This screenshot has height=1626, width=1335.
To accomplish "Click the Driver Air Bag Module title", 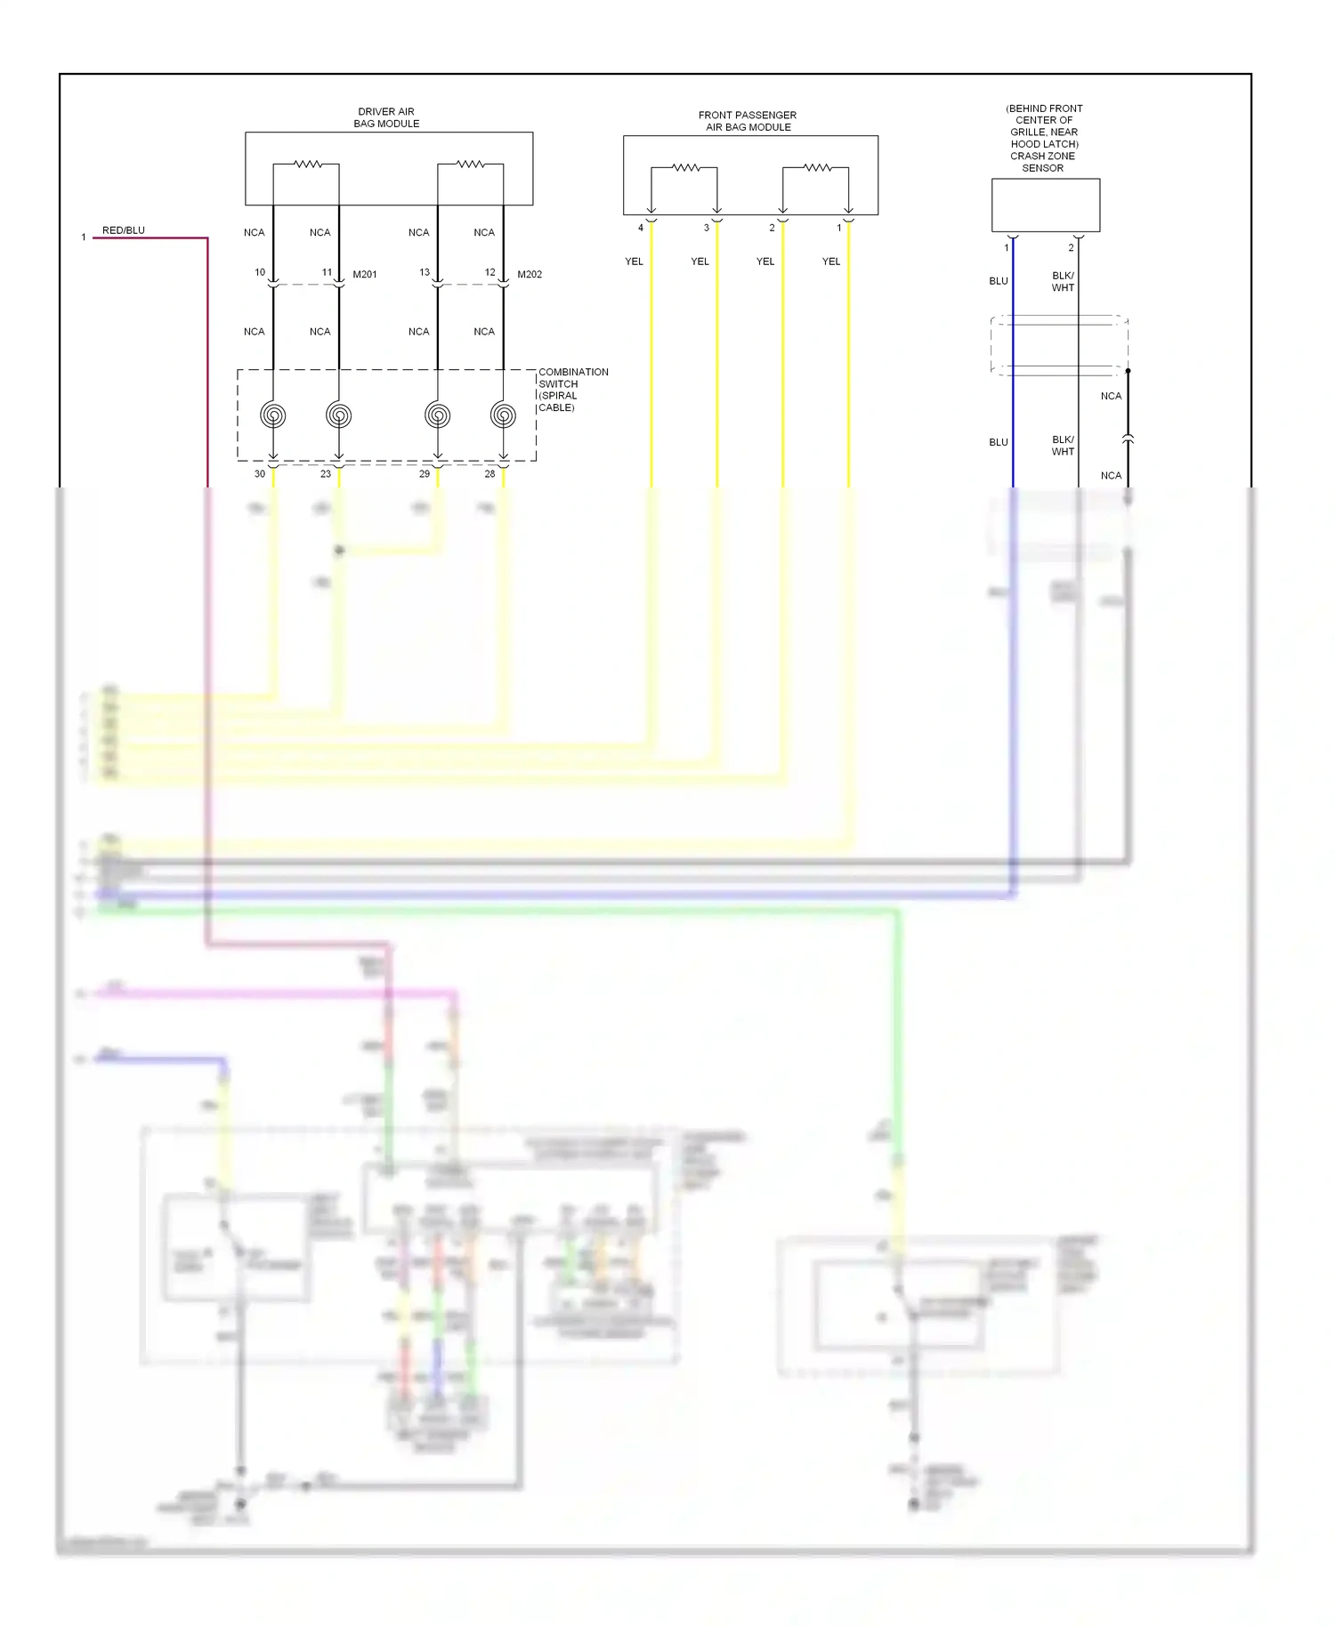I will coord(386,117).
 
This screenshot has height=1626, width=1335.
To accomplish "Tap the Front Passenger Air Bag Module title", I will coord(748,121).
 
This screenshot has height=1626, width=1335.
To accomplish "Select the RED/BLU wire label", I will coord(123,230).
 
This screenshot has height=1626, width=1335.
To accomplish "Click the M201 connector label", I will coord(365,275).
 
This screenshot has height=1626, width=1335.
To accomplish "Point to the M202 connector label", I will coord(530,275).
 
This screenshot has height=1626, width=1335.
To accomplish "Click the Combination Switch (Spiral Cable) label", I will coord(572,390).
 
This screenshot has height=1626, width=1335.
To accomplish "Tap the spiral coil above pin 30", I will coord(273,415).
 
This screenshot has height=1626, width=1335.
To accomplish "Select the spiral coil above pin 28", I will coord(503,415).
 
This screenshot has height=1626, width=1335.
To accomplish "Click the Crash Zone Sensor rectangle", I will coord(1046,205).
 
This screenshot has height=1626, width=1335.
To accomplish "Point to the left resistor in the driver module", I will coord(307,164).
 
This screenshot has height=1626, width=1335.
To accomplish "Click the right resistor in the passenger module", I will coord(817,167).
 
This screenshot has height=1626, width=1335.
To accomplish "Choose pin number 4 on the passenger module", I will coord(641,228).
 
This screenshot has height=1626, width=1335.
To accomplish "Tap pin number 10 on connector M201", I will coord(260,272).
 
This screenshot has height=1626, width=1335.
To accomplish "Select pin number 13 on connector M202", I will coord(425,272).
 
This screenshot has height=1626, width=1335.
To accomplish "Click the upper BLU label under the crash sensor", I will coord(999,281).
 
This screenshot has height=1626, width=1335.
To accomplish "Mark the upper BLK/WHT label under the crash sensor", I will coord(1063,282).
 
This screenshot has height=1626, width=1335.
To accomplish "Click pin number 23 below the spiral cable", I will coord(326,474).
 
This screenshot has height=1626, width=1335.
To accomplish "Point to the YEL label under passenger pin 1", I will coord(831,262).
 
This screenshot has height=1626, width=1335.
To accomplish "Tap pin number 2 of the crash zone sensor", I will coord(1071,248).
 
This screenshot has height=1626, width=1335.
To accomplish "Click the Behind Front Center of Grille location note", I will coord(1044,132).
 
